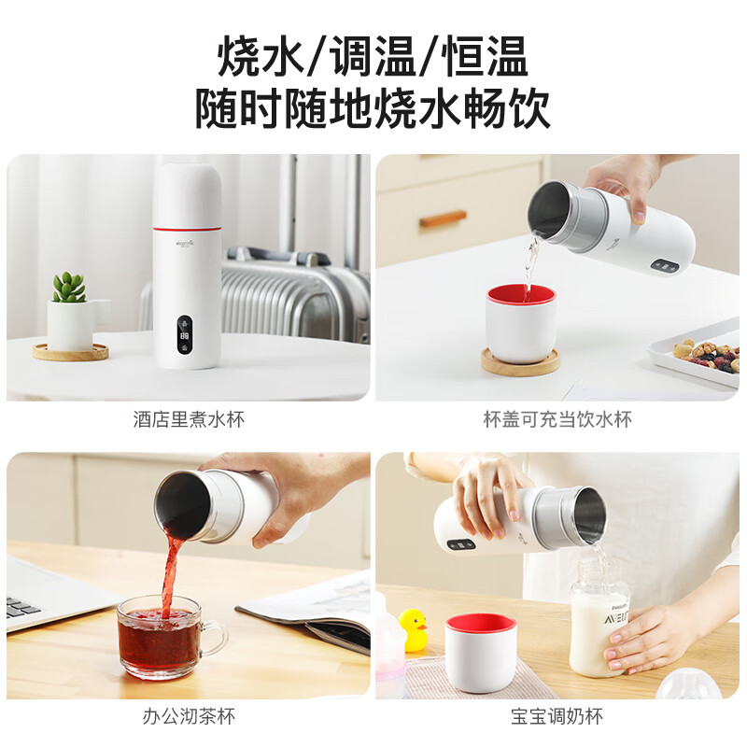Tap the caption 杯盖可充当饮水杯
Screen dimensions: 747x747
tap(557, 419)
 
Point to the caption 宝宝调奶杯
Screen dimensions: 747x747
tap(557, 717)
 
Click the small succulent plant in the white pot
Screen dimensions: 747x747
tap(69, 288)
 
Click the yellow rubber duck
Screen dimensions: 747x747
tap(413, 627)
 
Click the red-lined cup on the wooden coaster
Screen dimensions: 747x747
tap(521, 322)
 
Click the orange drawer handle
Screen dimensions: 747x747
tap(443, 219)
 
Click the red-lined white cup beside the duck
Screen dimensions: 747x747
tap(480, 651)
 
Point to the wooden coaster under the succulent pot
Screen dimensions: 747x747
tap(71, 352)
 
